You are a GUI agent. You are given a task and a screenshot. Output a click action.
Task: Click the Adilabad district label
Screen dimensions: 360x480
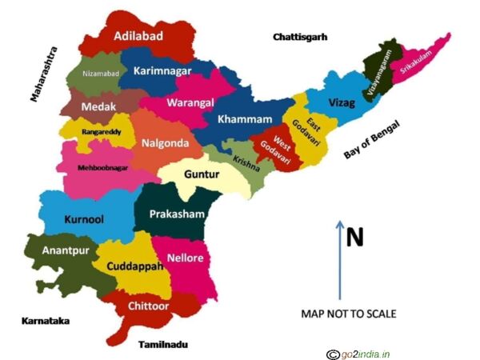pyautogui.click(x=139, y=36)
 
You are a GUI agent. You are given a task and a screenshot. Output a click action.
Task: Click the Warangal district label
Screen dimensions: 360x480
pyautogui.click(x=189, y=102)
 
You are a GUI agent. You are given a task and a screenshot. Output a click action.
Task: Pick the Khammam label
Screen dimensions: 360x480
pyautogui.click(x=245, y=119)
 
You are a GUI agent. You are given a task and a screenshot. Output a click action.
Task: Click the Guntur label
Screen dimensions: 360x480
pyautogui.click(x=201, y=174)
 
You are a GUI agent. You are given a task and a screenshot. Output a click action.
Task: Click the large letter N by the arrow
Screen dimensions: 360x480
pyautogui.click(x=354, y=236)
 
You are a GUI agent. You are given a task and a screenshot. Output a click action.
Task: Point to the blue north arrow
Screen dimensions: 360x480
pyautogui.click(x=339, y=260)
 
